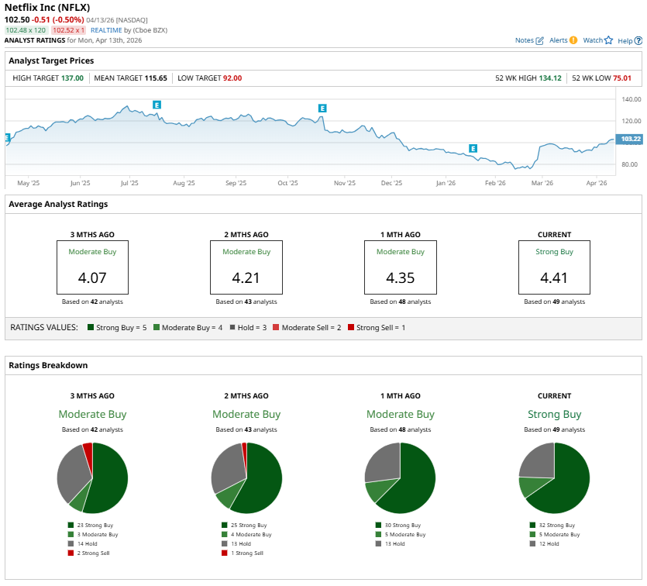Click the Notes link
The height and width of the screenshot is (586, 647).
[529, 40]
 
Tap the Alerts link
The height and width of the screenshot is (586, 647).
[563, 40]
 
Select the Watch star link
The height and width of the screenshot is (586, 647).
[597, 40]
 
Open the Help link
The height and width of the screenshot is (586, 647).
[629, 40]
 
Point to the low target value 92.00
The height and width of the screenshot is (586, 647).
[232, 78]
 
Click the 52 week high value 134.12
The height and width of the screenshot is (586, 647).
[551, 78]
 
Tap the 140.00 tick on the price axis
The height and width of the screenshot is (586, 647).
[632, 99]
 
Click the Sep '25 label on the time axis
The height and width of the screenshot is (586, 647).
[236, 184]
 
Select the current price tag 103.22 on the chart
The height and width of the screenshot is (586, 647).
[632, 139]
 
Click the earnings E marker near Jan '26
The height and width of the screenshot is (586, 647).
[473, 148]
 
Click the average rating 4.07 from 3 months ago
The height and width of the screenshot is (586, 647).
[92, 277]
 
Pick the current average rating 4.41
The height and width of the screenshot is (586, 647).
[554, 277]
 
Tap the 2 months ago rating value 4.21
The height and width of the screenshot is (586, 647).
[246, 277]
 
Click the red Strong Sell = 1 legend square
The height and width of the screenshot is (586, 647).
[351, 328]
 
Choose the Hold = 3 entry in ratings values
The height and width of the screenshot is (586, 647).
[250, 328]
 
